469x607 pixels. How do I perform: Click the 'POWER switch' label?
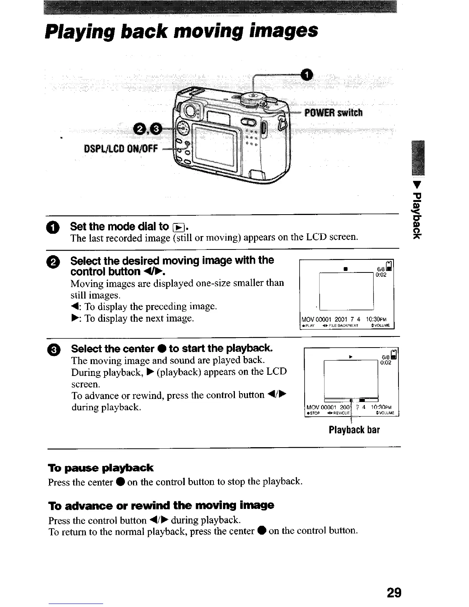[x=333, y=113]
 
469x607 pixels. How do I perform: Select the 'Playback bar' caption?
[x=354, y=430]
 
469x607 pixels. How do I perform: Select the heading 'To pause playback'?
[x=100, y=468]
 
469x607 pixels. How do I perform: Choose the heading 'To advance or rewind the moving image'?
[x=161, y=505]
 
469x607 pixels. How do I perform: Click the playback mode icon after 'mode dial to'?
[x=179, y=227]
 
